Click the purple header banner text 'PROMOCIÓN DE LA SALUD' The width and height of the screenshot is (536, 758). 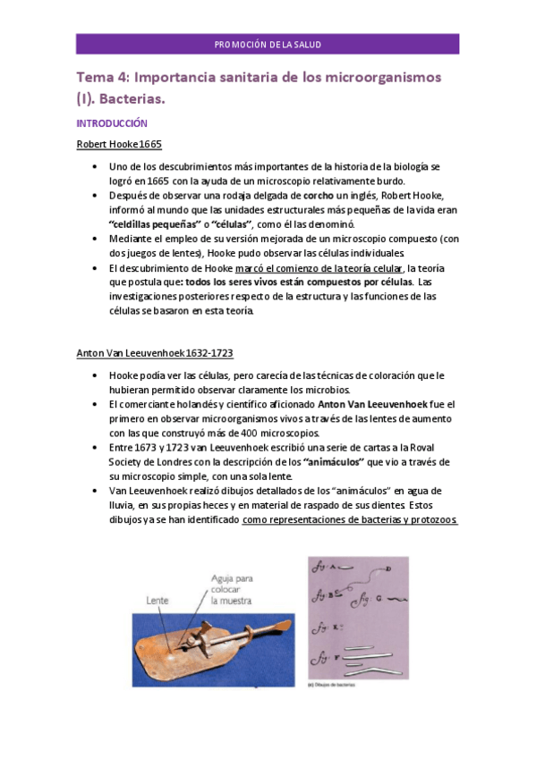[x=268, y=44]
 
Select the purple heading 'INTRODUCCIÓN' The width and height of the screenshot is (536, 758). [x=112, y=124]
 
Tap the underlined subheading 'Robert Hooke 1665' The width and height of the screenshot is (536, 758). [x=119, y=144]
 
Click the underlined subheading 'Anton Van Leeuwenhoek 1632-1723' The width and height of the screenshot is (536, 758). [x=155, y=354]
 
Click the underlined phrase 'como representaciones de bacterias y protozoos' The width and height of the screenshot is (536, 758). [x=350, y=519]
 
